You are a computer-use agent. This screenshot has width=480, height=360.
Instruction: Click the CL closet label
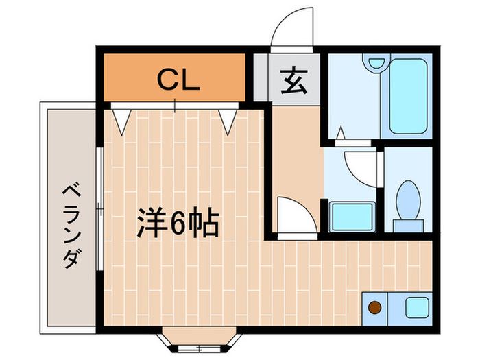[x=178, y=80]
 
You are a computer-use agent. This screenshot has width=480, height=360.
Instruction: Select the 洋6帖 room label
[x=176, y=224]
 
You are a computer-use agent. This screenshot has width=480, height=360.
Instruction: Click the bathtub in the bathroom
[x=409, y=97]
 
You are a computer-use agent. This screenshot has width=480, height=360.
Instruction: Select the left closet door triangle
[x=122, y=119]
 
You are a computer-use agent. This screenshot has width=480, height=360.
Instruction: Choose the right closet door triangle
[x=229, y=119]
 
